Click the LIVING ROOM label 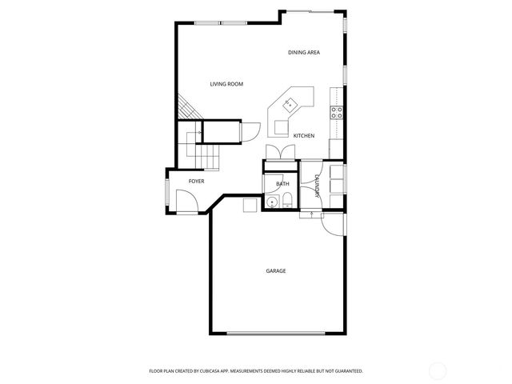(226, 84)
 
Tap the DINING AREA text (304, 53)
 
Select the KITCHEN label (304, 136)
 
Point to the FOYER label (196, 182)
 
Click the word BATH (282, 185)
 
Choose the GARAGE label (276, 271)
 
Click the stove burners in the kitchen (338, 113)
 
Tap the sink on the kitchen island (289, 102)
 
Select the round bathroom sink (273, 202)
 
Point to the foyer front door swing (187, 206)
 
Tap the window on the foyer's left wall (166, 192)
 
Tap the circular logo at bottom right (439, 370)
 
